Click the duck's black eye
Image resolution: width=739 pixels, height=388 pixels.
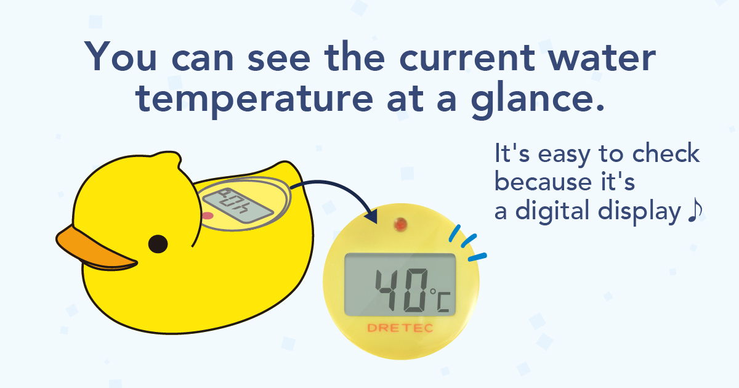click(158, 244)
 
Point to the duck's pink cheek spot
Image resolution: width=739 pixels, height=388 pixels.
click(208, 216)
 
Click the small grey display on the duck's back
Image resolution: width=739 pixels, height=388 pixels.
click(238, 206)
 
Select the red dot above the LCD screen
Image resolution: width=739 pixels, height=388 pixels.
click(400, 225)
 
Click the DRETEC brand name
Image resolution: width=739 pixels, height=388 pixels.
click(400, 328)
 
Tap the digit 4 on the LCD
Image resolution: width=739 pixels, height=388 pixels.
click(389, 290)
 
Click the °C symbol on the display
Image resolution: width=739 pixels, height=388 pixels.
click(440, 300)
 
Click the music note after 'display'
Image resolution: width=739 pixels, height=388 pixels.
click(695, 210)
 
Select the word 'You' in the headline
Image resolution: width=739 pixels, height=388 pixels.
click(120, 57)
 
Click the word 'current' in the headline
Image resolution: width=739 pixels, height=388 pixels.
click(467, 58)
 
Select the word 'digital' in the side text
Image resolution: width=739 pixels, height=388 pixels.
click(552, 210)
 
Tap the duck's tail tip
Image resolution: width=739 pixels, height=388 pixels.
click(286, 163)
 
